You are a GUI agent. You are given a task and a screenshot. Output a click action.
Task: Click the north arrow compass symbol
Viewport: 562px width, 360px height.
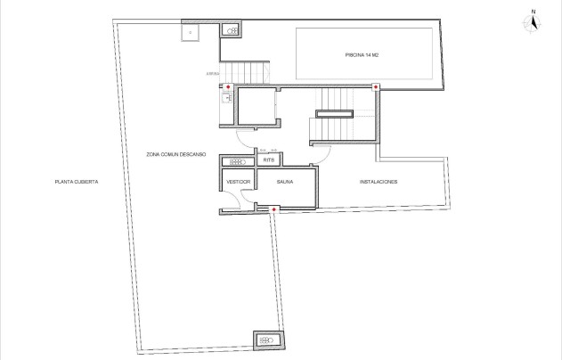[533, 20]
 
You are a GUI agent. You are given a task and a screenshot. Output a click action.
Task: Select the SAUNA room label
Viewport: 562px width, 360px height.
[285, 182]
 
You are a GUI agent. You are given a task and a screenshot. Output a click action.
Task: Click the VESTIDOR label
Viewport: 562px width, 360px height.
[239, 182]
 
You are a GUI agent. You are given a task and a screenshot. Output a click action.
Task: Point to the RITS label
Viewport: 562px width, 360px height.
[269, 161]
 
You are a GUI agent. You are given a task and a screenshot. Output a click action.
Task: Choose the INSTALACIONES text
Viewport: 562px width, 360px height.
[378, 182]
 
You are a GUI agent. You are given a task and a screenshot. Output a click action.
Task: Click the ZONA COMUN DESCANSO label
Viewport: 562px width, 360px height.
[176, 154]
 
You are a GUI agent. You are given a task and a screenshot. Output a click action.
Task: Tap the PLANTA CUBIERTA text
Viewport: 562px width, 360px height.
[76, 182]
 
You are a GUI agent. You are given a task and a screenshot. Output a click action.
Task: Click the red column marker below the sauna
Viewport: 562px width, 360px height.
[274, 209]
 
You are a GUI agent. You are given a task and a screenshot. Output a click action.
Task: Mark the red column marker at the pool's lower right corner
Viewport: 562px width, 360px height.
[376, 87]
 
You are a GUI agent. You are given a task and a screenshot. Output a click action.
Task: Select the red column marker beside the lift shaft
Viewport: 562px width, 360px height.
[228, 87]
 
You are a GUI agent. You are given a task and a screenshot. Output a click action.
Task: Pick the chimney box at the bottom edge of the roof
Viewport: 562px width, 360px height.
[265, 339]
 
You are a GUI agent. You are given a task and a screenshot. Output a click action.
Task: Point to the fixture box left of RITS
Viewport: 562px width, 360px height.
[237, 162]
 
